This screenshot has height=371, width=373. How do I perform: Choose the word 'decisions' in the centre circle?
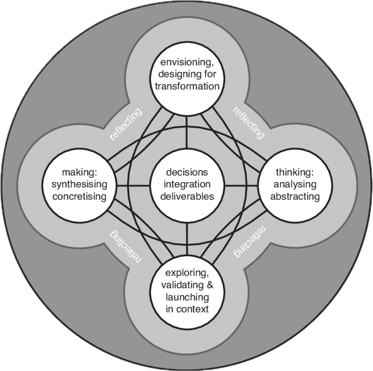pyautogui.click(x=187, y=173)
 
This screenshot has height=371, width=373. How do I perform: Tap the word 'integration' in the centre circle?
pyautogui.click(x=187, y=185)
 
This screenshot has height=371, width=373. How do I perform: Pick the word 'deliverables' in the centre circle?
pyautogui.click(x=187, y=196)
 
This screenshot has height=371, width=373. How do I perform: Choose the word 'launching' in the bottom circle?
pyautogui.click(x=187, y=297)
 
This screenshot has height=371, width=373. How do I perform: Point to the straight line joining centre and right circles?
pyautogui.click(x=241, y=185)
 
